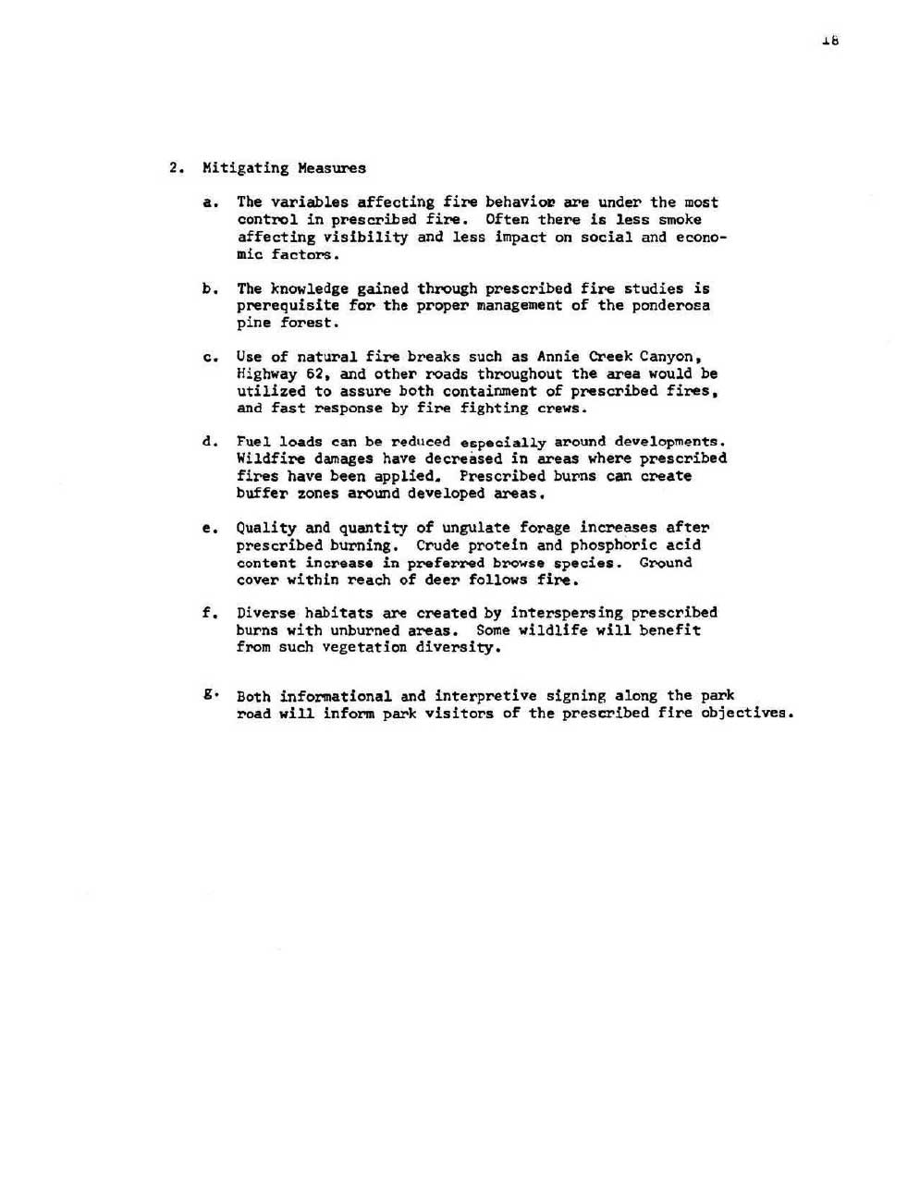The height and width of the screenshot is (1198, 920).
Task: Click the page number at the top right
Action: point(829,41)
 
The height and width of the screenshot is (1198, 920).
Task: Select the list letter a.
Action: point(210,202)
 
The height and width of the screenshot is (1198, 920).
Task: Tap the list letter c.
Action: point(210,358)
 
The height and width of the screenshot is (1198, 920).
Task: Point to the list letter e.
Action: point(208,529)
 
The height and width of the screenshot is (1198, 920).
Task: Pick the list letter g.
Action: point(209,695)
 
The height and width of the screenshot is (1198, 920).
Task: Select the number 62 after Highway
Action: point(318,374)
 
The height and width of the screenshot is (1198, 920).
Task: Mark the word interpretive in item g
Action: point(485,696)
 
